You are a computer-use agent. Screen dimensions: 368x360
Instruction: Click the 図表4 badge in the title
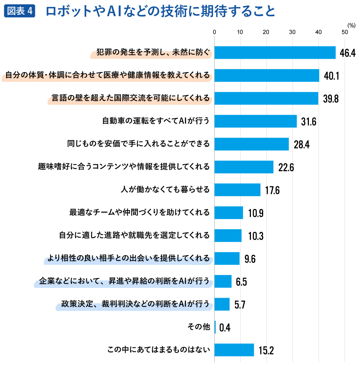pos(20,11)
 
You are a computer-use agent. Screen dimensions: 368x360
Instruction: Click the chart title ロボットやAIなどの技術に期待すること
pos(160,11)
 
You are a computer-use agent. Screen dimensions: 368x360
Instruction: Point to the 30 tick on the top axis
pos(292,32)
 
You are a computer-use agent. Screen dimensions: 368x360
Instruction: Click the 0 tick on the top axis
pos(215,32)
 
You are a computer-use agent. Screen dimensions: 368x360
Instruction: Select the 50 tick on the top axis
pos(345,32)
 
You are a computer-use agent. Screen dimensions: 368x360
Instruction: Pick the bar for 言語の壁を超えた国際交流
pos(266,98)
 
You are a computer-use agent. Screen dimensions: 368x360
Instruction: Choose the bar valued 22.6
pos(244,167)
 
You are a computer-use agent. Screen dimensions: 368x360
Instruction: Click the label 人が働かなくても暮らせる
pos(165,190)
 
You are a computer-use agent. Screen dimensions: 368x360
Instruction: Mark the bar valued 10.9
pos(229,213)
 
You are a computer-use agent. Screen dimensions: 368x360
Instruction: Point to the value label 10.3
pos(256,236)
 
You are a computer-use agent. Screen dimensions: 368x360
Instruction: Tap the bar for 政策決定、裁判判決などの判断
pos(222,304)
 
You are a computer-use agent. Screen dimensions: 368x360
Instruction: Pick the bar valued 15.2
pos(234,350)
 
